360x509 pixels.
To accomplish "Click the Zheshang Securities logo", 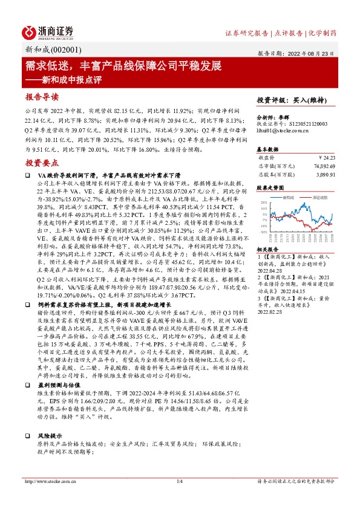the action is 48,31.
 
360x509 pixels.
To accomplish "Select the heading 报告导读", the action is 42,97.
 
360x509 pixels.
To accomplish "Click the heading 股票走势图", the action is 270,188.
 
